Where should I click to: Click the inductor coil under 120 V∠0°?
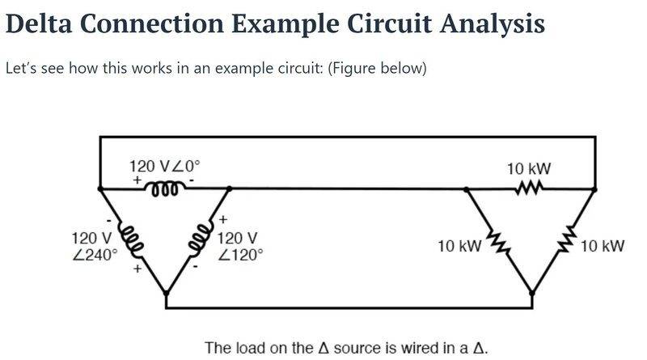click(x=166, y=188)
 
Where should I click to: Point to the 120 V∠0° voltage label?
click(x=165, y=167)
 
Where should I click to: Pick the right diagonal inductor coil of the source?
click(x=200, y=238)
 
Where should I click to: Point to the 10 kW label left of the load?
click(x=459, y=246)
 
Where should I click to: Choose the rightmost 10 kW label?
click(x=602, y=246)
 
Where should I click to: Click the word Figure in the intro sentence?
click(x=351, y=68)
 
